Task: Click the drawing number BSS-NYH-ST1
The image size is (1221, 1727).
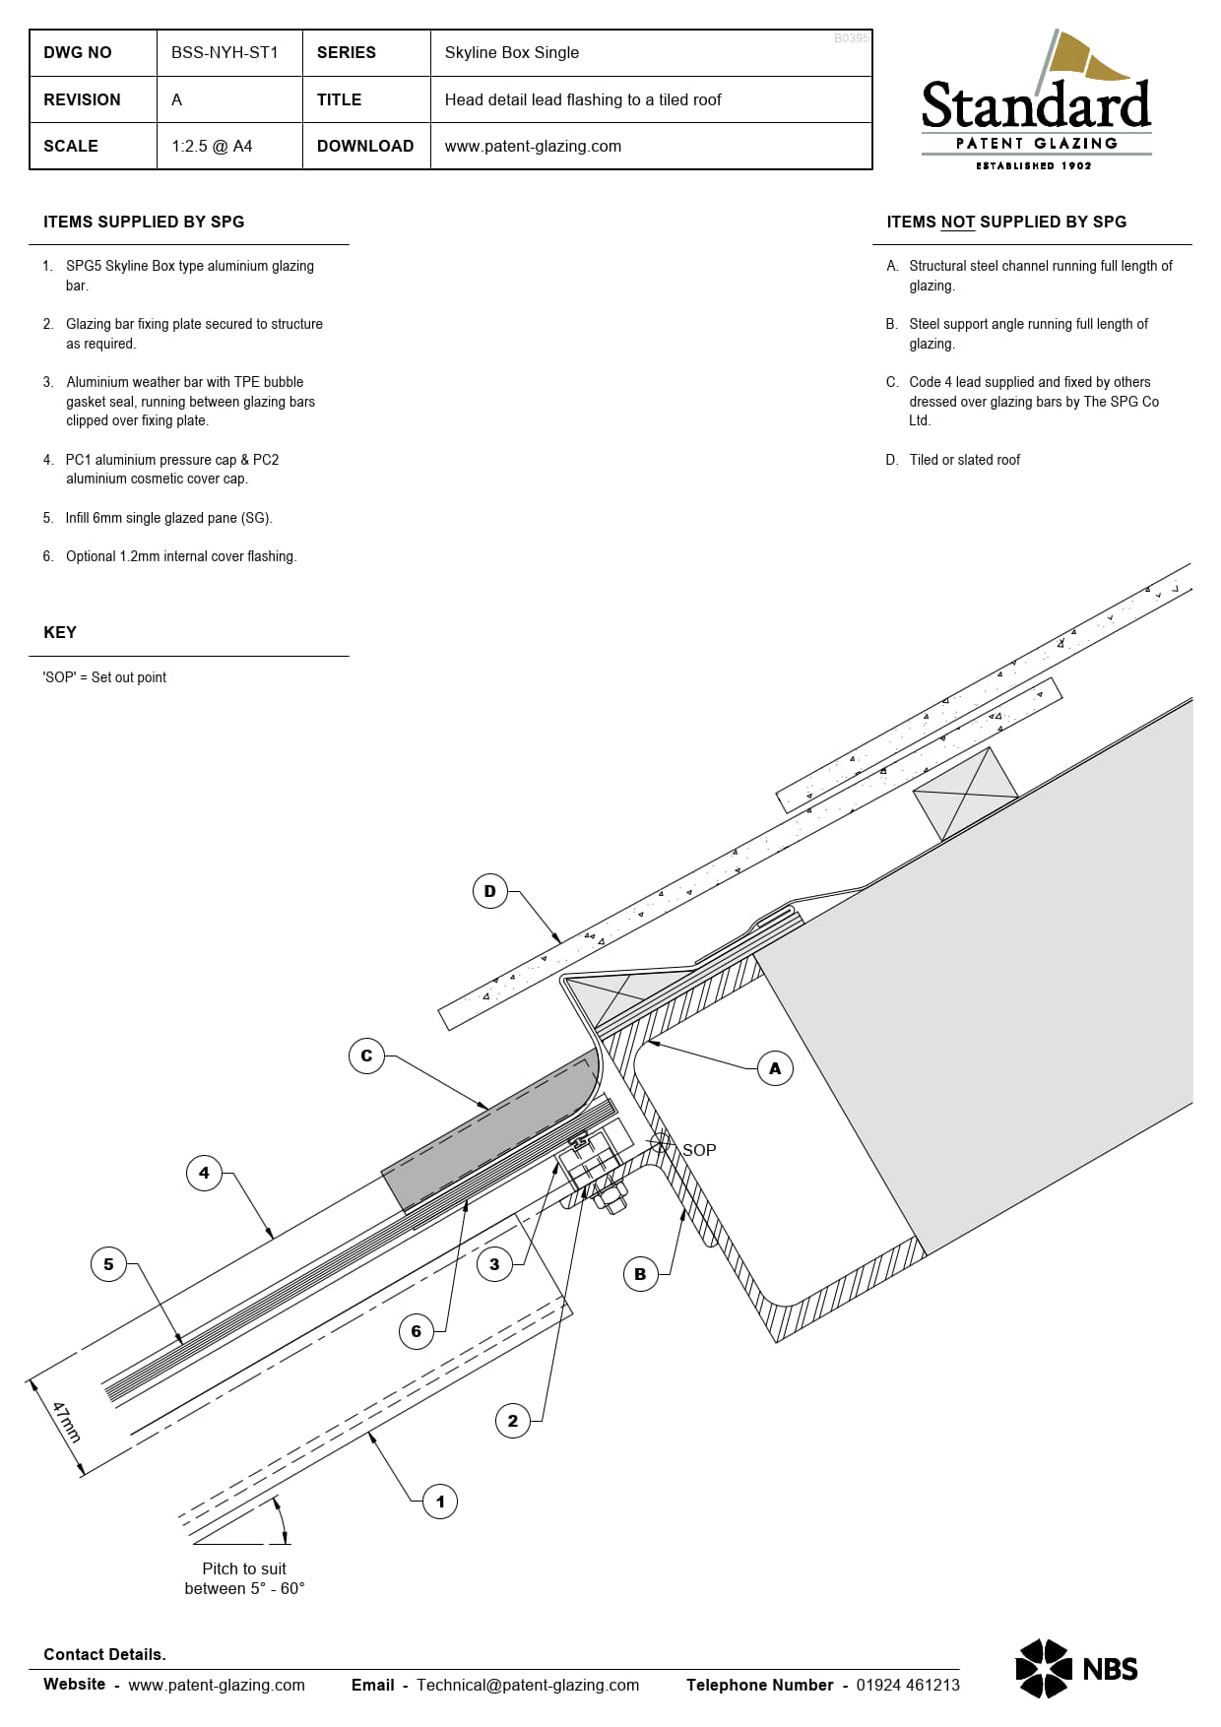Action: coord(225,53)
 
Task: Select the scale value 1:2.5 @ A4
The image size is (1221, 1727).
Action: coord(212,147)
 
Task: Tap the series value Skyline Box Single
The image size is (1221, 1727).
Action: coord(511,53)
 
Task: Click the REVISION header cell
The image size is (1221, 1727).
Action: coord(83,100)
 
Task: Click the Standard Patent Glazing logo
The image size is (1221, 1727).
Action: coord(1036,103)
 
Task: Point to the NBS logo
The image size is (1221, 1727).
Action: coord(1076,1669)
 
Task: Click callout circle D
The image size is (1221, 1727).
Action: coord(490,892)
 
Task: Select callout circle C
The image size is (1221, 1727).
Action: coord(366,1056)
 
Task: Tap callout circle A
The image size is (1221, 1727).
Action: coord(775,1069)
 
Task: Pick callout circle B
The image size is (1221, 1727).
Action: coord(640,1274)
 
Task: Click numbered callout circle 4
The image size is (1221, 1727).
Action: coord(204,1174)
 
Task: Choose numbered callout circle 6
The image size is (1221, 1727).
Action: coord(416,1332)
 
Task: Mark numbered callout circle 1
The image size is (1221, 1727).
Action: coord(440,1503)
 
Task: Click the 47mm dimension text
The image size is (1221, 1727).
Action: coord(66,1423)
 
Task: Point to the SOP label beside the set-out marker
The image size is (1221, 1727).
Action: coord(699,1150)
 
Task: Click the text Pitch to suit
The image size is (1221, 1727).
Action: coord(244,1569)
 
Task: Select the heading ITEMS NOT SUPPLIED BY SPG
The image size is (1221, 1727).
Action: coord(1006,223)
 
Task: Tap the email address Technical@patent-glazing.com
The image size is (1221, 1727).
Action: coord(528,1686)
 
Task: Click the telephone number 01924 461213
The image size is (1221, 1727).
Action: coord(907,1686)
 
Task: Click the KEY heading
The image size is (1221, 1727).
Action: coord(60,633)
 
